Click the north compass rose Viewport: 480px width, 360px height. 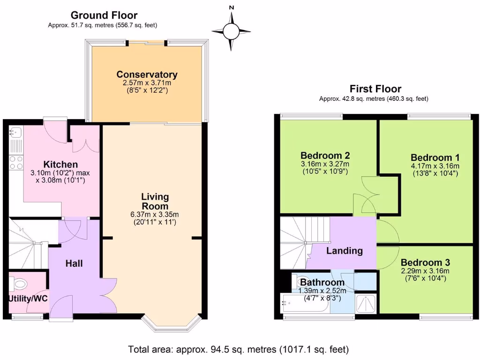click(231, 31)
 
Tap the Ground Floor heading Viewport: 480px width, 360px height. click(104, 15)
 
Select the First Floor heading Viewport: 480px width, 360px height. click(375, 89)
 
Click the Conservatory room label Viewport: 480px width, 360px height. click(147, 75)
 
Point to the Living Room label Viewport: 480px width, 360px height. click(155, 202)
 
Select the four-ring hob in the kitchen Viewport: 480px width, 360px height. click(16, 162)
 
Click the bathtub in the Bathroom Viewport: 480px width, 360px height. click(305, 304)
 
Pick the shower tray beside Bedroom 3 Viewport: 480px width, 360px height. click(366, 303)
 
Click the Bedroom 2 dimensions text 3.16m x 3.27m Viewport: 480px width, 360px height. click(325, 164)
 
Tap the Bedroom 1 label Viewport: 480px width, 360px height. click(435, 157)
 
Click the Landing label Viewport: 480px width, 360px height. click(345, 251)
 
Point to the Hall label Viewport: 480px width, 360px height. click(74, 263)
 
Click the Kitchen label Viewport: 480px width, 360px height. click(60, 165)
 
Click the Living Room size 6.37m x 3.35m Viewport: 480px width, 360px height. click(155, 215)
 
